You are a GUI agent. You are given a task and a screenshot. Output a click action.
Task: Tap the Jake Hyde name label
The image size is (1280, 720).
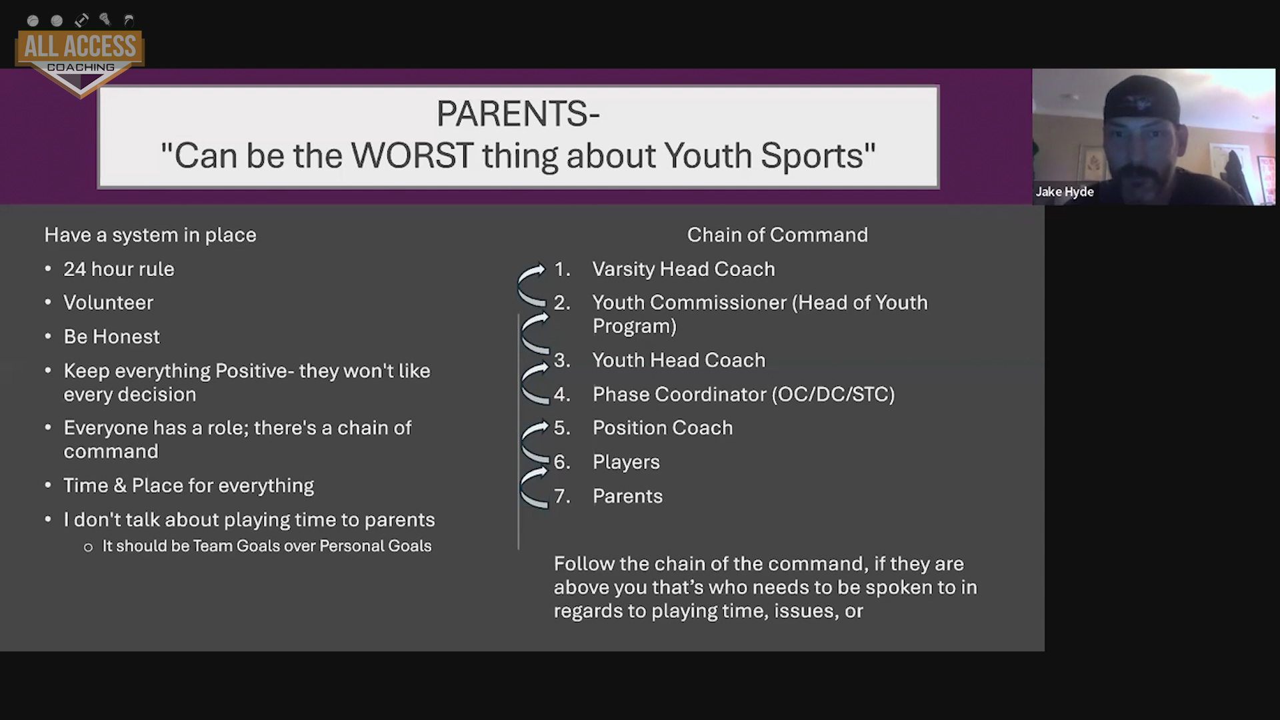pyautogui.click(x=1065, y=192)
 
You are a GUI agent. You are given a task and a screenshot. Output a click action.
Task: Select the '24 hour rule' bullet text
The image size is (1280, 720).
pyautogui.click(x=119, y=269)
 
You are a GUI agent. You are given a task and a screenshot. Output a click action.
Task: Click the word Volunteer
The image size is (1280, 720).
pyautogui.click(x=108, y=303)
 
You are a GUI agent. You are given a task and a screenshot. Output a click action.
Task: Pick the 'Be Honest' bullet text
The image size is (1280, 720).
pyautogui.click(x=111, y=337)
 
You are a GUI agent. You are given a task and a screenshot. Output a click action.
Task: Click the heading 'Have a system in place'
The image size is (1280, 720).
pyautogui.click(x=150, y=235)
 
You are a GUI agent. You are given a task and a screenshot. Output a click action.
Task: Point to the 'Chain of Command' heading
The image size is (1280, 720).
pyautogui.click(x=777, y=235)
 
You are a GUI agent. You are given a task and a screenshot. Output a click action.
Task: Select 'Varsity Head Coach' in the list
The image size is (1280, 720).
pyautogui.click(x=683, y=269)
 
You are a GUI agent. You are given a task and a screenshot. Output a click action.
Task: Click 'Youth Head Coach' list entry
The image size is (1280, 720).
pyautogui.click(x=679, y=360)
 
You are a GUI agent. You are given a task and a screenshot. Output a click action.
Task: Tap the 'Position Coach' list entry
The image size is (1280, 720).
pyautogui.click(x=663, y=428)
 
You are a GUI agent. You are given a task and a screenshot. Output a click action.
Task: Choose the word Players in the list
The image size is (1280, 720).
pyautogui.click(x=626, y=462)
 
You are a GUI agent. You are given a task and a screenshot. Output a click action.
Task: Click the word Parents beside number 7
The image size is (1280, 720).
pyautogui.click(x=627, y=496)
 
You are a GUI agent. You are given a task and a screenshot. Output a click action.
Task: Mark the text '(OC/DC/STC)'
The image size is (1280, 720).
pyautogui.click(x=833, y=394)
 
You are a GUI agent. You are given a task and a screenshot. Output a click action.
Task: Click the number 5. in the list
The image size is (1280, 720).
pyautogui.click(x=562, y=428)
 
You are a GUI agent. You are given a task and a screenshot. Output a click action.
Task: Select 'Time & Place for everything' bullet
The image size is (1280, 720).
pyautogui.click(x=189, y=485)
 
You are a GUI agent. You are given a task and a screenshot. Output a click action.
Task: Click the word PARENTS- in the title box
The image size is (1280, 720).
pyautogui.click(x=518, y=113)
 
